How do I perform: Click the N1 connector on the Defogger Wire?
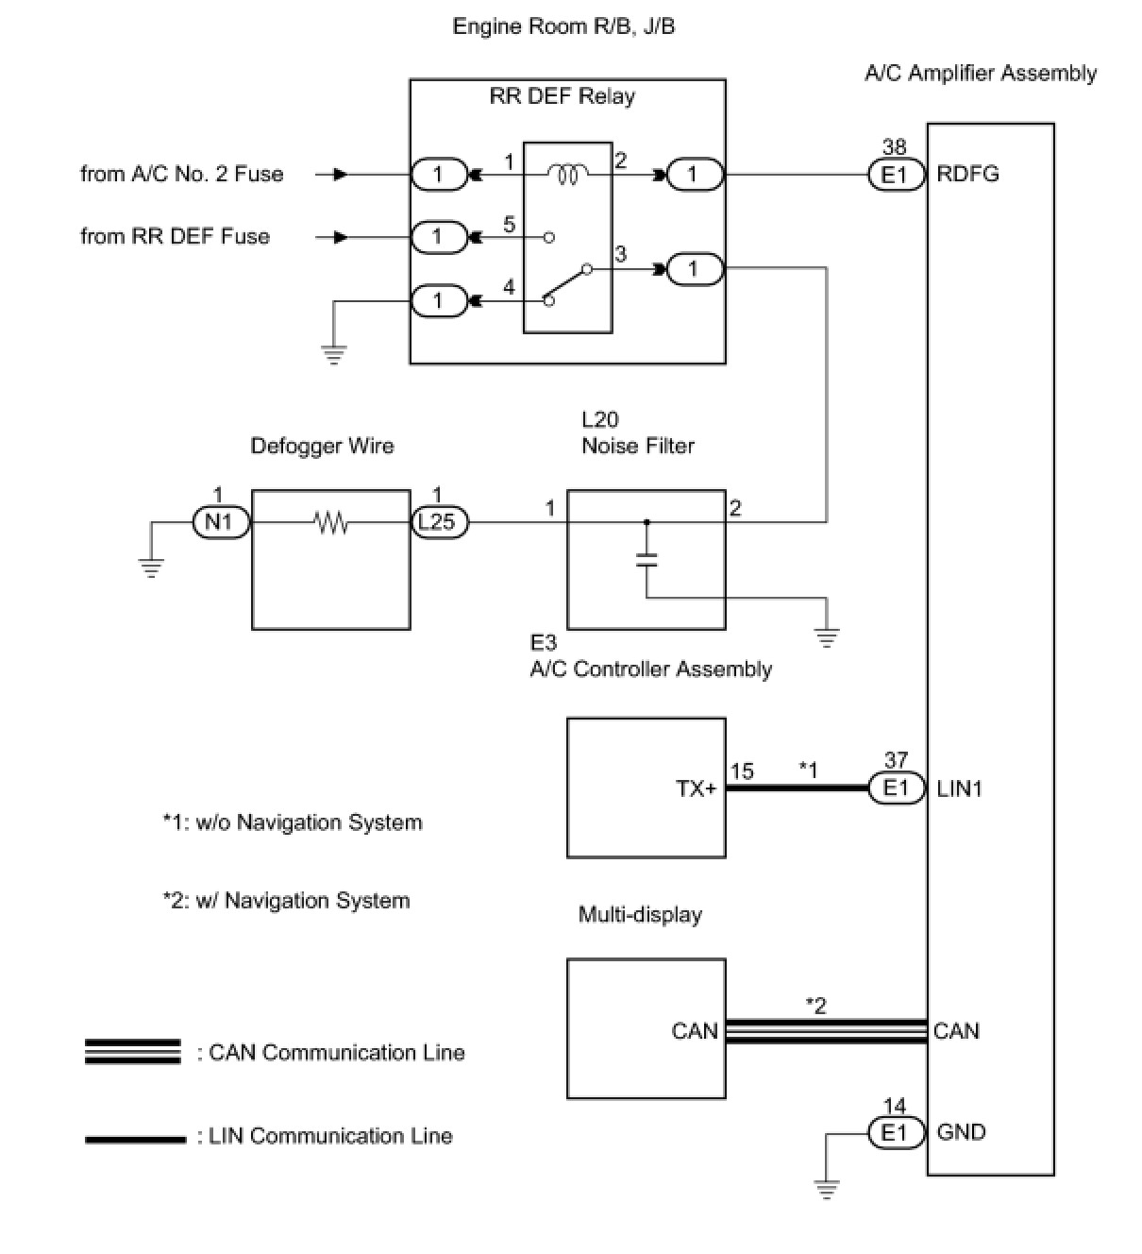point(220,521)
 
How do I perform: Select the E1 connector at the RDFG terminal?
point(895,175)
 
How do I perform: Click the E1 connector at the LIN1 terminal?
point(896,788)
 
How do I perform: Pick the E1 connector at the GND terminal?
point(895,1132)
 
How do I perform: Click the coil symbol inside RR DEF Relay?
point(567,174)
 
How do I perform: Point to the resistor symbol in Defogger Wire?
point(331,521)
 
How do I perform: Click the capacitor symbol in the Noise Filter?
point(647,558)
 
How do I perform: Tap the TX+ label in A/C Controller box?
point(697,788)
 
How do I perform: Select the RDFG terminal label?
point(967,175)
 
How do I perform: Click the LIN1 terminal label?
point(959,788)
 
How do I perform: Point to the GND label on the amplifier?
point(961,1132)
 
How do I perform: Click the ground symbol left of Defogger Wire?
point(150,567)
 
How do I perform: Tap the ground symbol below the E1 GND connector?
point(827,1189)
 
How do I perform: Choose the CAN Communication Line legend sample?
point(132,1052)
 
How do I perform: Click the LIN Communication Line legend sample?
point(134,1139)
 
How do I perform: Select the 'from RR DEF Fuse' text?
point(176,236)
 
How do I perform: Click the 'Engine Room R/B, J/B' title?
point(563,26)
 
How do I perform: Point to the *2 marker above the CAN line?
point(815,1006)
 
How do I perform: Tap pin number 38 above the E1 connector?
point(894,146)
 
